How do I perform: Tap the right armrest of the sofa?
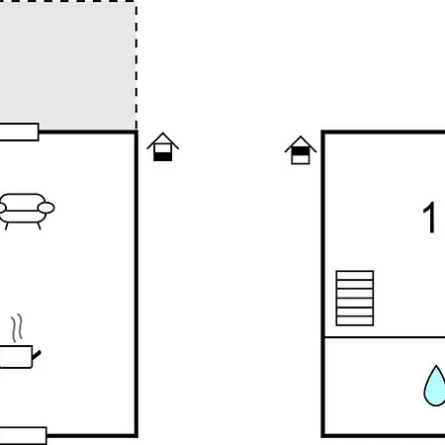[46, 208]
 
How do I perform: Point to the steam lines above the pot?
[17, 328]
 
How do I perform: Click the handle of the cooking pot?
[37, 355]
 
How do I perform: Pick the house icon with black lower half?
[163, 147]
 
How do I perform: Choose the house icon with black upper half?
[301, 150]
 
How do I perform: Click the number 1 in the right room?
[429, 217]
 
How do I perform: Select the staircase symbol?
[355, 299]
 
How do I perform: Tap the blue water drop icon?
[435, 387]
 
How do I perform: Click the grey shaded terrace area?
[67, 65]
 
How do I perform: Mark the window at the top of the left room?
[19, 133]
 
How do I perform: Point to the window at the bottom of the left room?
[23, 435]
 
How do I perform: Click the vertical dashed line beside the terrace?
[136, 65]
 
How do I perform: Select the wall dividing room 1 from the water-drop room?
[385, 337]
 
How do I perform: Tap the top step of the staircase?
[355, 275]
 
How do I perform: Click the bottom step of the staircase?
[355, 321]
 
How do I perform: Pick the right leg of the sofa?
[40, 226]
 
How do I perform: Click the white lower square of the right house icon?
[301, 159]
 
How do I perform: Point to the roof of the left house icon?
[163, 138]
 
